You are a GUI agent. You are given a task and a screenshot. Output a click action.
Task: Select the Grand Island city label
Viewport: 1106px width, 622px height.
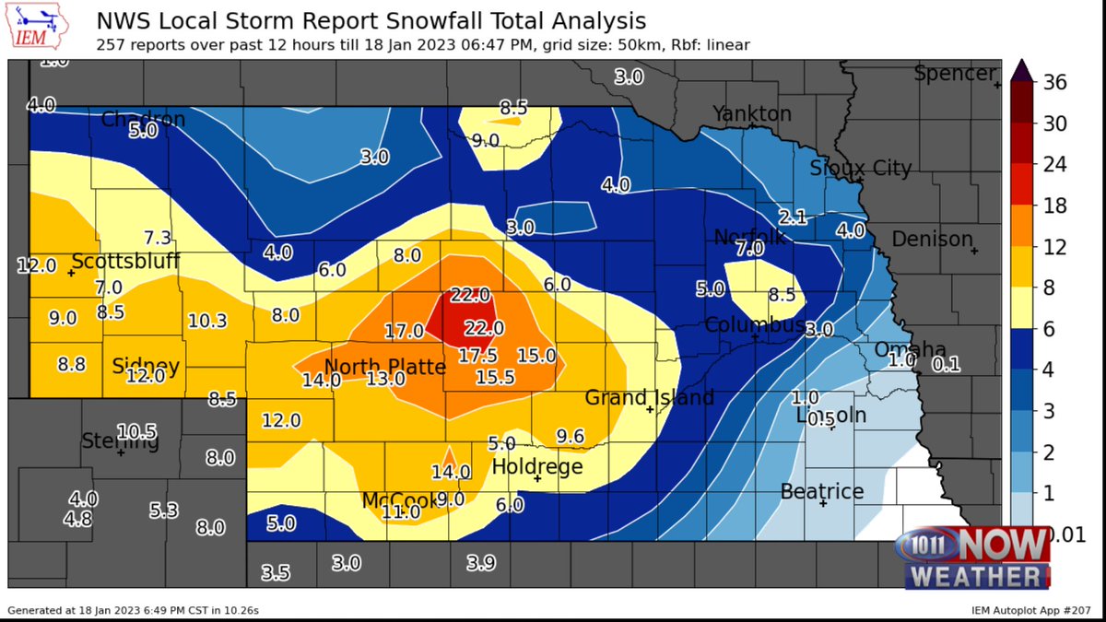pos(650,398)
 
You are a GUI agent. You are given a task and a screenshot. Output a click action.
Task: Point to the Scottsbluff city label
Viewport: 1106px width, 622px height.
pos(125,262)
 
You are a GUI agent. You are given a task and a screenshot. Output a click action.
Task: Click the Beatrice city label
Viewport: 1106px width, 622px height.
pos(822,491)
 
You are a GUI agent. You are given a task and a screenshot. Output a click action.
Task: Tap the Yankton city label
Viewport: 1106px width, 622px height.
pos(751,113)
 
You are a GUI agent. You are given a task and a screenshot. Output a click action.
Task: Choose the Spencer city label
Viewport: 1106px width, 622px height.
pos(955,74)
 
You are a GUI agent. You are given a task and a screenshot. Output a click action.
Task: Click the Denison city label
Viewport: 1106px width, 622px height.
pos(932,240)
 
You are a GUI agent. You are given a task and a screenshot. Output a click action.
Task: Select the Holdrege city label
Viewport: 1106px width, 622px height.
pos(537,467)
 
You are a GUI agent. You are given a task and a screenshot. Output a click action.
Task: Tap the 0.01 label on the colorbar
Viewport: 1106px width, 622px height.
pos(1054,535)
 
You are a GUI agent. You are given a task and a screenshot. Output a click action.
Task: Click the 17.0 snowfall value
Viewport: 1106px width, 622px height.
pos(404,330)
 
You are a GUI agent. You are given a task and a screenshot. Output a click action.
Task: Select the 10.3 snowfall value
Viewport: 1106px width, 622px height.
pos(207,321)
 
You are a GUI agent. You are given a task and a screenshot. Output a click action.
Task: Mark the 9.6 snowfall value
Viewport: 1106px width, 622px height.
pos(571,436)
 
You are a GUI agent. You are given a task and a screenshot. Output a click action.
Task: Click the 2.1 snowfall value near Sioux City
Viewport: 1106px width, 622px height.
pos(793,217)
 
